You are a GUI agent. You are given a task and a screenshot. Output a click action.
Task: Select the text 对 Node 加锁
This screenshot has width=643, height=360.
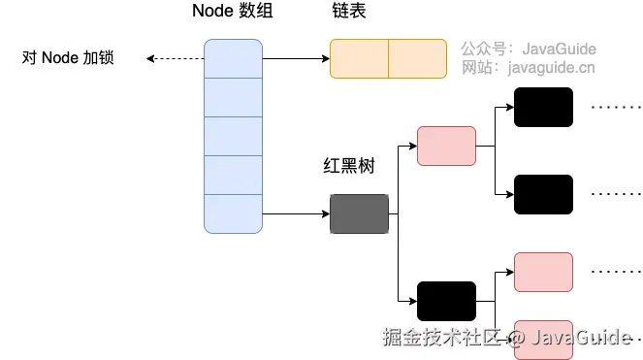[68, 58]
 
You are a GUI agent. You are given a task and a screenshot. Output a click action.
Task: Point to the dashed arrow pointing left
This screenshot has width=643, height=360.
[175, 58]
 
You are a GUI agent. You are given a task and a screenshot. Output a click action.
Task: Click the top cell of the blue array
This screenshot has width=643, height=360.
[233, 58]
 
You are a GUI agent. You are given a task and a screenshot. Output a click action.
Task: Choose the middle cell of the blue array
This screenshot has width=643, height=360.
[233, 136]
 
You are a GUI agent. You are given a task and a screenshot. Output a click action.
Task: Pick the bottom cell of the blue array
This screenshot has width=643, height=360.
[233, 213]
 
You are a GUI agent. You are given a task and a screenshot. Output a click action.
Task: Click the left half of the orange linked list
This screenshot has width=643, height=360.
[359, 58]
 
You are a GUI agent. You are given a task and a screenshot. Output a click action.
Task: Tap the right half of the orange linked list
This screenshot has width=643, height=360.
[418, 58]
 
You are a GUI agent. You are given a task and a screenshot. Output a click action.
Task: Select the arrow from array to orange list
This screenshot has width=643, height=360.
[296, 58]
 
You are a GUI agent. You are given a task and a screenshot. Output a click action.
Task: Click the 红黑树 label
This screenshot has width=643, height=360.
[348, 166]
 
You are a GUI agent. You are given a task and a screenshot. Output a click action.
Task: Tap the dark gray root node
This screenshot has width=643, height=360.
[359, 213]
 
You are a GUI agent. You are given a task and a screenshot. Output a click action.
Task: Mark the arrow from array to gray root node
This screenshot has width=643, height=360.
[296, 213]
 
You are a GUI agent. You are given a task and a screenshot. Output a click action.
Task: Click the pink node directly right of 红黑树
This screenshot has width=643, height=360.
[446, 146]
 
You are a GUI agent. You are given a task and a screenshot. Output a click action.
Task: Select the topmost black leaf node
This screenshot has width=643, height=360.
[543, 107]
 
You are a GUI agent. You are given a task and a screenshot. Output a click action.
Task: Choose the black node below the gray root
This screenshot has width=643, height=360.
[446, 301]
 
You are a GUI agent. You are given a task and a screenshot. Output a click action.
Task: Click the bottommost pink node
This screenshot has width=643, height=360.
[543, 338]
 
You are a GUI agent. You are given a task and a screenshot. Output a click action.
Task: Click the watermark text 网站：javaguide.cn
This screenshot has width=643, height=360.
[529, 67]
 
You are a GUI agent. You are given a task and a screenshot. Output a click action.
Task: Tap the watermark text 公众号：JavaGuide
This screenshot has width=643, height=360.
[529, 48]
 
